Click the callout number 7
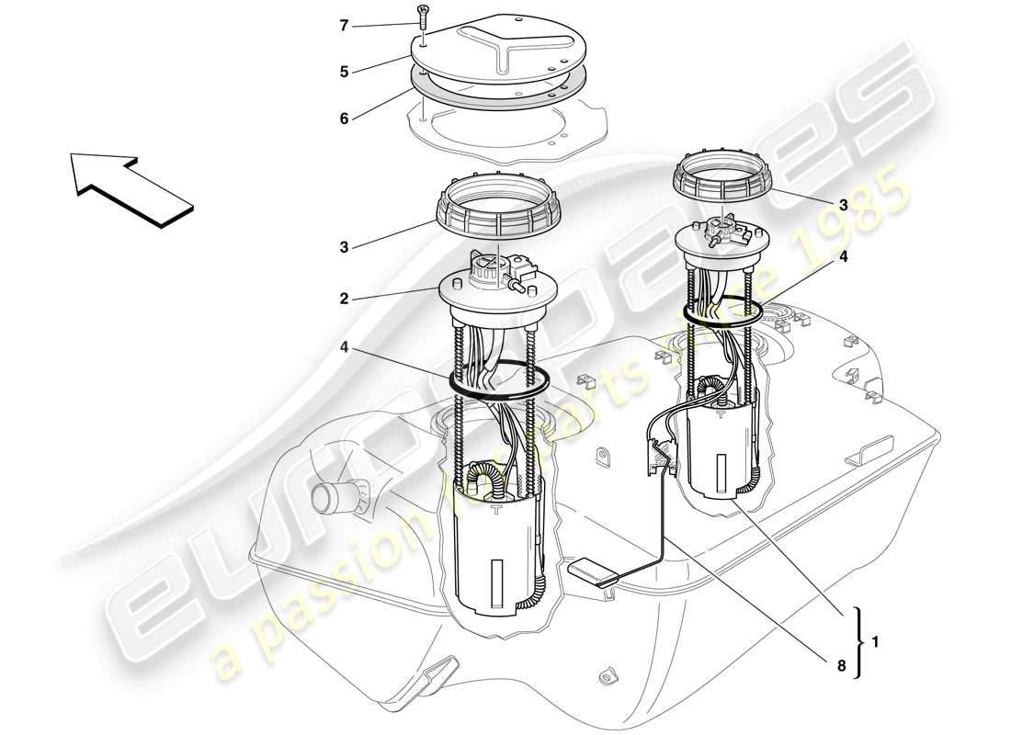pos(345,26)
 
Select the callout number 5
pos(345,70)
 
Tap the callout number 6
pos(345,119)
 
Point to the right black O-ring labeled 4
pos(723,312)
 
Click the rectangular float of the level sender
pos(593,571)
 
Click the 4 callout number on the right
pos(844,258)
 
